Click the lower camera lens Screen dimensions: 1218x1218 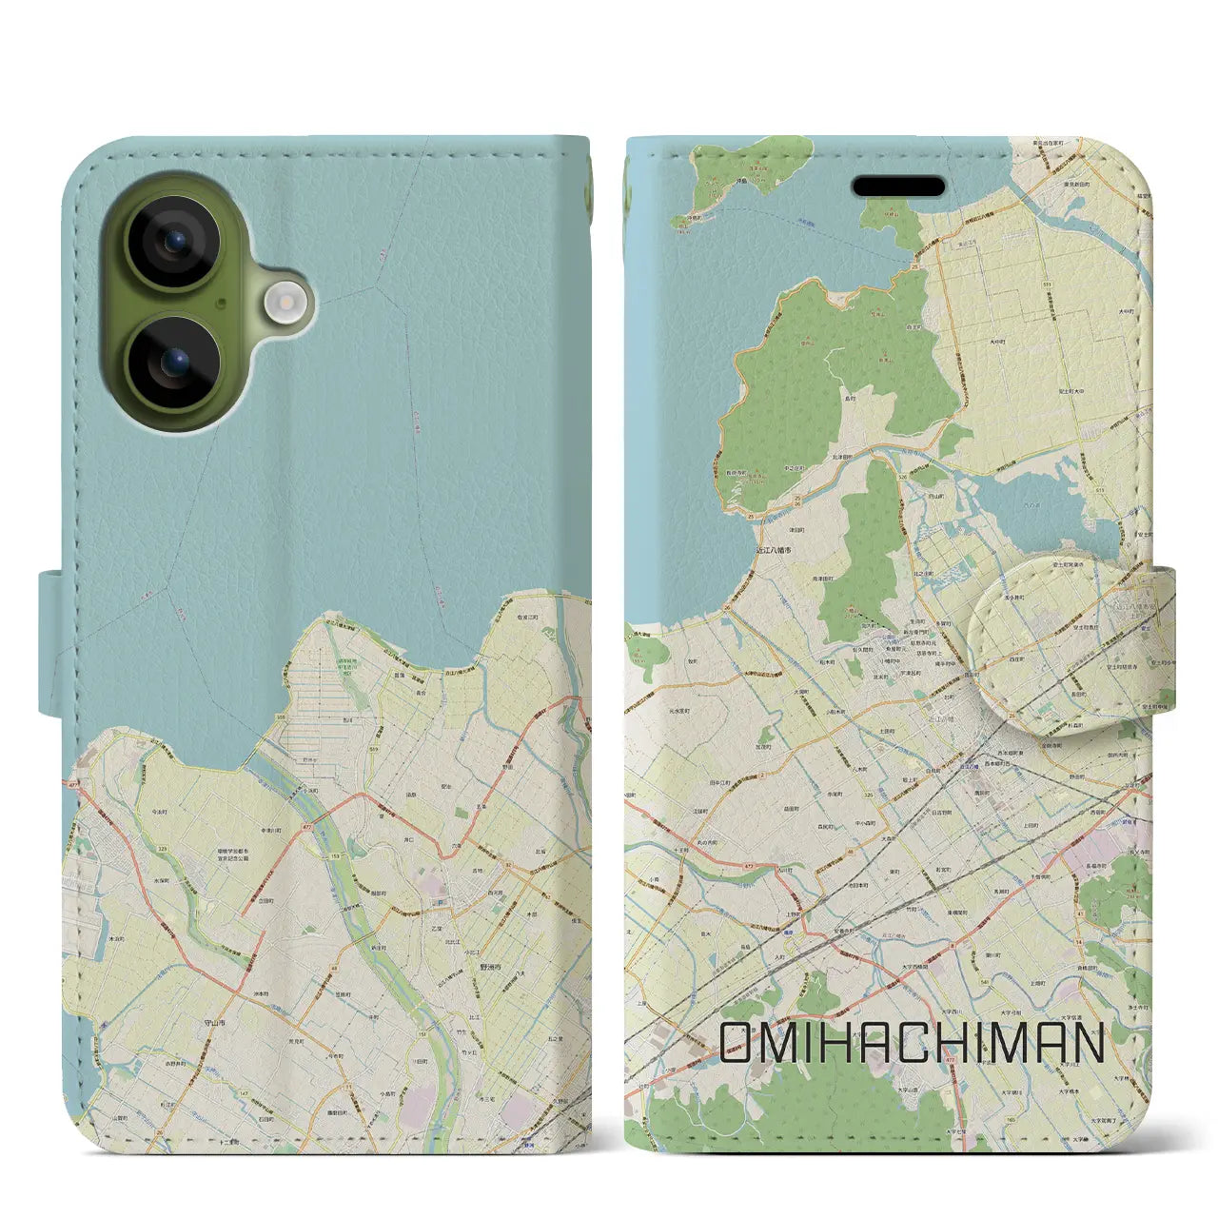[175, 363]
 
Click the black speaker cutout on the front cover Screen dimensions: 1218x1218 [898, 186]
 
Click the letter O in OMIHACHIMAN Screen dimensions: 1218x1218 [738, 1043]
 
